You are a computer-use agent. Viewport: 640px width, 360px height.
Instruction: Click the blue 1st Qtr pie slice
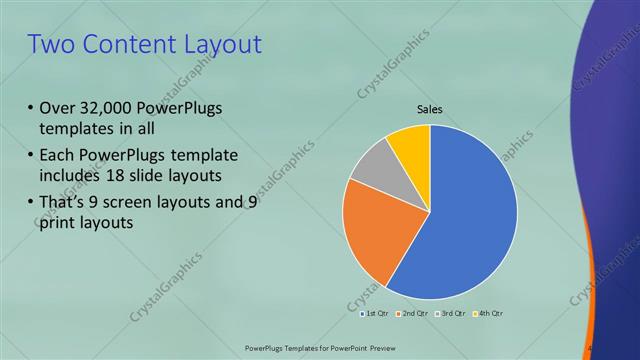(470, 210)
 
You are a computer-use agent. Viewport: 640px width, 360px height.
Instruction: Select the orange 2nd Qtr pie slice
(375, 235)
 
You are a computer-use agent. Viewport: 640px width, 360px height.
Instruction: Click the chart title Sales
(430, 109)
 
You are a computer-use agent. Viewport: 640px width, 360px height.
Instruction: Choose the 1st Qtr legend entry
(375, 314)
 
